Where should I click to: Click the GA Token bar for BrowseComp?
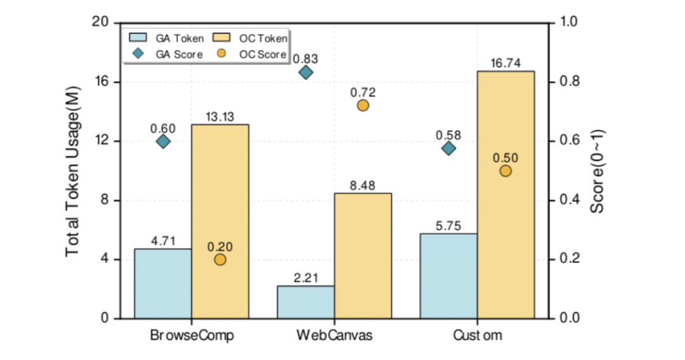click(x=162, y=283)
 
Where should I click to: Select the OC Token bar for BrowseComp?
click(x=220, y=222)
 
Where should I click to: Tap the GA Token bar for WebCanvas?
click(x=306, y=302)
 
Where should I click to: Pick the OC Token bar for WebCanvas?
click(x=363, y=255)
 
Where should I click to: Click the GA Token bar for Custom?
click(x=448, y=276)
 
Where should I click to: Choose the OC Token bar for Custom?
click(x=506, y=195)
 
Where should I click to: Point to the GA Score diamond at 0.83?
click(x=306, y=72)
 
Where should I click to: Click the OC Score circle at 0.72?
click(x=363, y=105)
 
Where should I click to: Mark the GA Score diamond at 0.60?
click(x=163, y=141)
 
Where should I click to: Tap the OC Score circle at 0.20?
click(x=220, y=259)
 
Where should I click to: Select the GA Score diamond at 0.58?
click(x=448, y=148)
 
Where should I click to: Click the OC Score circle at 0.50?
click(x=506, y=170)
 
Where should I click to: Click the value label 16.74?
click(x=506, y=63)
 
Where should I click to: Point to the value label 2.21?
click(x=306, y=277)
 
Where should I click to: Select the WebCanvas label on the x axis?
click(x=334, y=335)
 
